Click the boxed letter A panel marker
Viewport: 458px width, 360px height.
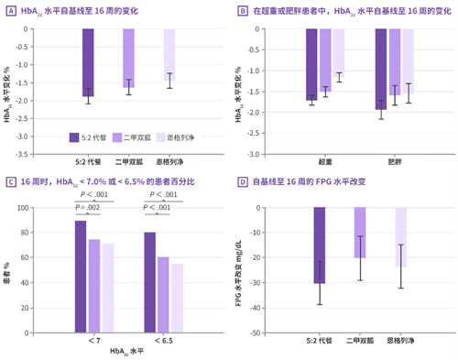10,10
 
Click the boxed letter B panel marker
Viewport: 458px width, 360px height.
243,10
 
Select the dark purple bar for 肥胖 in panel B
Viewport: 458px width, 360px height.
381,69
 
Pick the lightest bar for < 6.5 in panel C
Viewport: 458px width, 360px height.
177,298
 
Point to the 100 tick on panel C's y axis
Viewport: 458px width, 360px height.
38,208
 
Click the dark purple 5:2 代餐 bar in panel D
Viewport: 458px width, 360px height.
319,245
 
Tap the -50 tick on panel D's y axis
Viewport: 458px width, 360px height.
254,333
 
